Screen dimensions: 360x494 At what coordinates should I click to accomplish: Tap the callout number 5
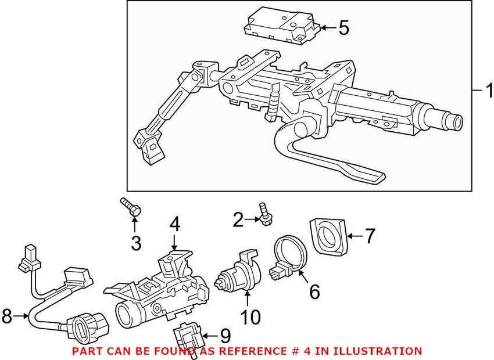pyautogui.click(x=344, y=27)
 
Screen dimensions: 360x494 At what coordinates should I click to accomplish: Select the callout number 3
pyautogui.click(x=136, y=243)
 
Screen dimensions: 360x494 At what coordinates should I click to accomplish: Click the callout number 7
pyautogui.click(x=370, y=236)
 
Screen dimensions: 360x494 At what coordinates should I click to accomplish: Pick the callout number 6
pyautogui.click(x=314, y=291)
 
